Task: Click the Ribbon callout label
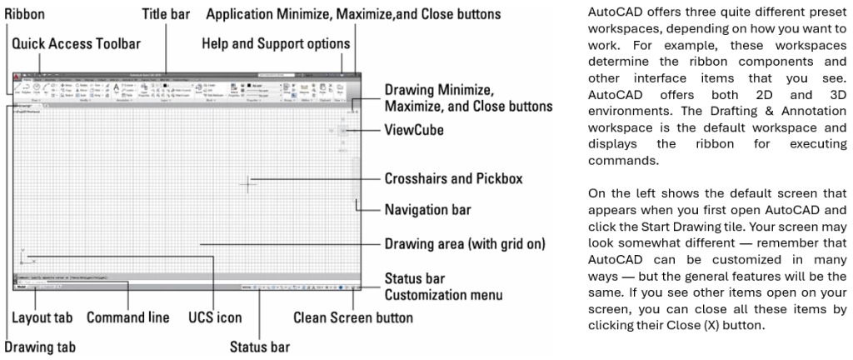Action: click(24, 15)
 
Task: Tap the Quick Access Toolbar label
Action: click(68, 43)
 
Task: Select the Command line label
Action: click(128, 317)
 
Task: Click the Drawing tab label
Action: click(39, 346)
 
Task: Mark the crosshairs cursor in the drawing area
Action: click(248, 184)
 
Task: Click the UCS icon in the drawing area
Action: click(22, 257)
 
